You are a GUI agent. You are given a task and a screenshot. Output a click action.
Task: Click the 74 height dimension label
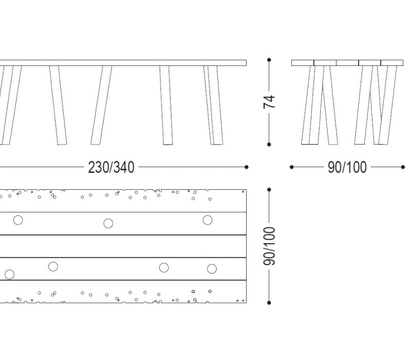[x=269, y=102]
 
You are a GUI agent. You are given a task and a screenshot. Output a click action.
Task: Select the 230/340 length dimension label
[x=111, y=168]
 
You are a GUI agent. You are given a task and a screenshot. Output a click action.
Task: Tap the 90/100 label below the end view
[x=347, y=168]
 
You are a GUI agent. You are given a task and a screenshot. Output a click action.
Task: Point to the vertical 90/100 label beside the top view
[x=269, y=246]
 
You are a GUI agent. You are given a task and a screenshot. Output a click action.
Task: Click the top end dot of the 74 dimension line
[x=269, y=60]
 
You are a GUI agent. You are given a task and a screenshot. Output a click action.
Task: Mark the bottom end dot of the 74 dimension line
[x=269, y=145]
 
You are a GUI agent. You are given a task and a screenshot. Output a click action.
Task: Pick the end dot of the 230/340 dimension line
[x=247, y=167]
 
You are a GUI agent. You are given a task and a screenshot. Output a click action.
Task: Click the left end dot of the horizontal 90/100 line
[x=292, y=167]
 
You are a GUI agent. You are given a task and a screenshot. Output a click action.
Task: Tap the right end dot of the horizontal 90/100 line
[x=403, y=167]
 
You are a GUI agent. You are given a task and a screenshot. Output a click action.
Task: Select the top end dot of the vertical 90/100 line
[x=269, y=189]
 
